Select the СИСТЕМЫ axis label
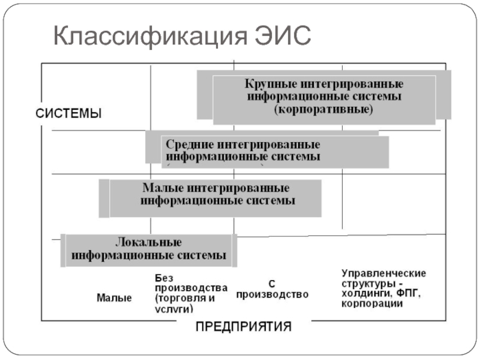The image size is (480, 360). point(70,113)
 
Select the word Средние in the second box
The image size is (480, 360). point(188,145)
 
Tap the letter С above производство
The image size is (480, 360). point(271,284)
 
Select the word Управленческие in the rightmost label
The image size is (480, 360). point(384,274)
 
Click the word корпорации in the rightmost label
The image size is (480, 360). point(372,304)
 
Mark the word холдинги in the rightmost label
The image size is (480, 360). point(365,294)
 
